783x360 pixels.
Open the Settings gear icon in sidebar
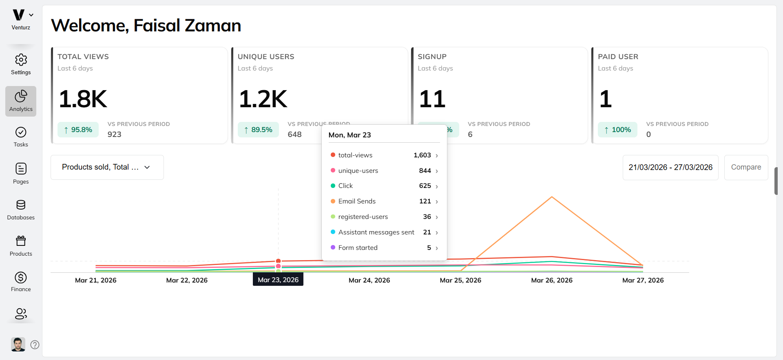click(21, 60)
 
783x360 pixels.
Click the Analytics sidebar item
click(21, 101)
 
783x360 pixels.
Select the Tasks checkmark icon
click(21, 133)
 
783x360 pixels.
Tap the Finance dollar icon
click(21, 278)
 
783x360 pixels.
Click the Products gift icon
click(21, 241)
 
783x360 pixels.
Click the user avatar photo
click(18, 345)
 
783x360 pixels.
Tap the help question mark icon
click(35, 345)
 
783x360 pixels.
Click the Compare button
click(745, 167)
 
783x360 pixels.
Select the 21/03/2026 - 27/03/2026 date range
click(670, 167)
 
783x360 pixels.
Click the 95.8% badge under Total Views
click(78, 130)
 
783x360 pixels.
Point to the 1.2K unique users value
click(263, 99)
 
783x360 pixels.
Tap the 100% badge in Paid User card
click(617, 130)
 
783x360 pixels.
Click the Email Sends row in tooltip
click(383, 201)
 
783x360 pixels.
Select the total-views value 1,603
click(422, 155)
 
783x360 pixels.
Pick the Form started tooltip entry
click(383, 248)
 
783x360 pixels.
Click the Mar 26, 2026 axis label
click(551, 280)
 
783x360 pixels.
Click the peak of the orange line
click(552, 197)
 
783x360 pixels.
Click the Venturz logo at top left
click(19, 15)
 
